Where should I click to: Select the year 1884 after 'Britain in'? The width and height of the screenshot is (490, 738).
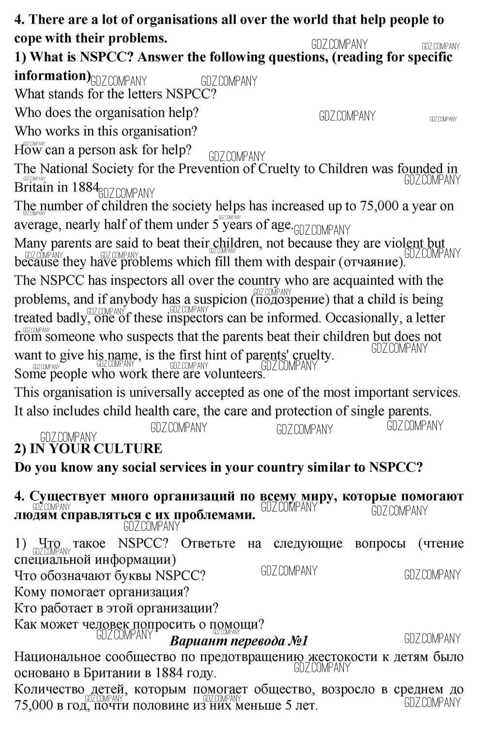click(x=86, y=187)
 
